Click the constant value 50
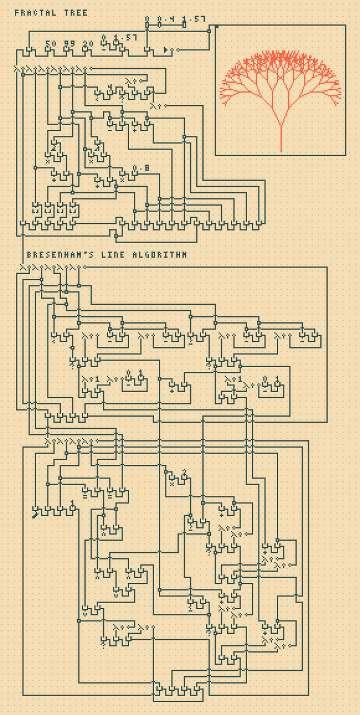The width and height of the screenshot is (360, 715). click(50, 43)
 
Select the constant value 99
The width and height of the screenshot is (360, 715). click(69, 43)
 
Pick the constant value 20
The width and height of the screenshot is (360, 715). click(88, 43)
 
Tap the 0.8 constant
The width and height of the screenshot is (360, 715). click(141, 168)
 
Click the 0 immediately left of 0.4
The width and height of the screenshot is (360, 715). click(147, 19)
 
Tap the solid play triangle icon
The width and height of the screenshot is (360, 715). click(166, 50)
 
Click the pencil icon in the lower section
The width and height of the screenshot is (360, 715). click(35, 515)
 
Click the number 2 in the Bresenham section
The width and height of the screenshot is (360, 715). click(184, 472)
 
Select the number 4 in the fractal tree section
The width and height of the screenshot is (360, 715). click(109, 87)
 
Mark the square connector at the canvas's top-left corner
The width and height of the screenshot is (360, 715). click(216, 26)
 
